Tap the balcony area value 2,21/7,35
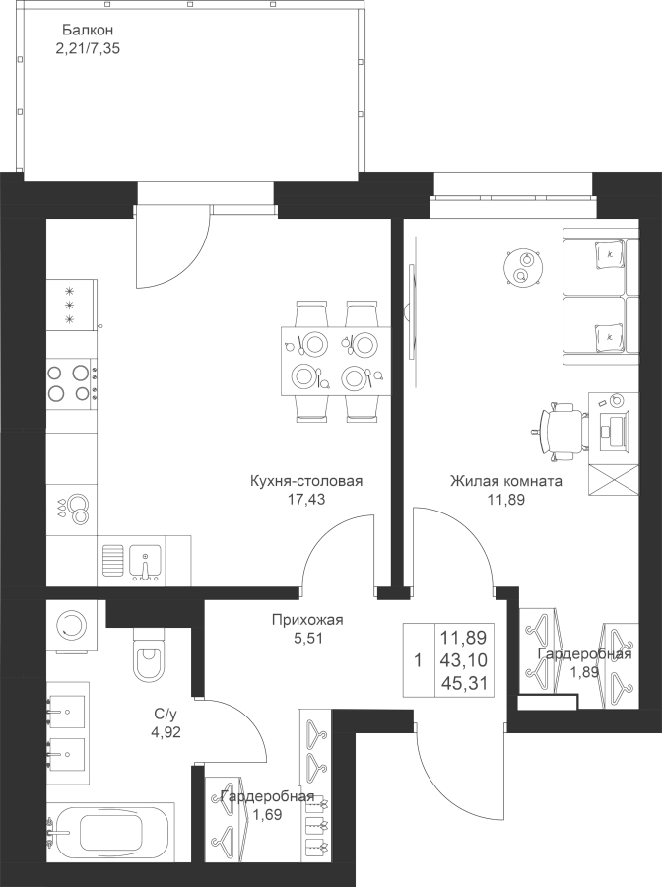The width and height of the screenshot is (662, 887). [89, 48]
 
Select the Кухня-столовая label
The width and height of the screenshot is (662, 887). [306, 481]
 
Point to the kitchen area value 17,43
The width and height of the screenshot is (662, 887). [306, 500]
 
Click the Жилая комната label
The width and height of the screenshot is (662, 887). [506, 481]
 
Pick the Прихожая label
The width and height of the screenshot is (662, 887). [307, 620]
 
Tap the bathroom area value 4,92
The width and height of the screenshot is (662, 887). [163, 733]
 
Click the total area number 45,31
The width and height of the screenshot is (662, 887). [463, 684]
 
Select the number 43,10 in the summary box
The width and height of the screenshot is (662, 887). [463, 660]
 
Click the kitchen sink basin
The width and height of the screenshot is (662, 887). [145, 563]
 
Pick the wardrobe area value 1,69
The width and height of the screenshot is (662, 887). [267, 815]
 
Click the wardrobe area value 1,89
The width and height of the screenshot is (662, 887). [584, 672]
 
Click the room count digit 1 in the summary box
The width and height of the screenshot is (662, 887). [418, 660]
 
